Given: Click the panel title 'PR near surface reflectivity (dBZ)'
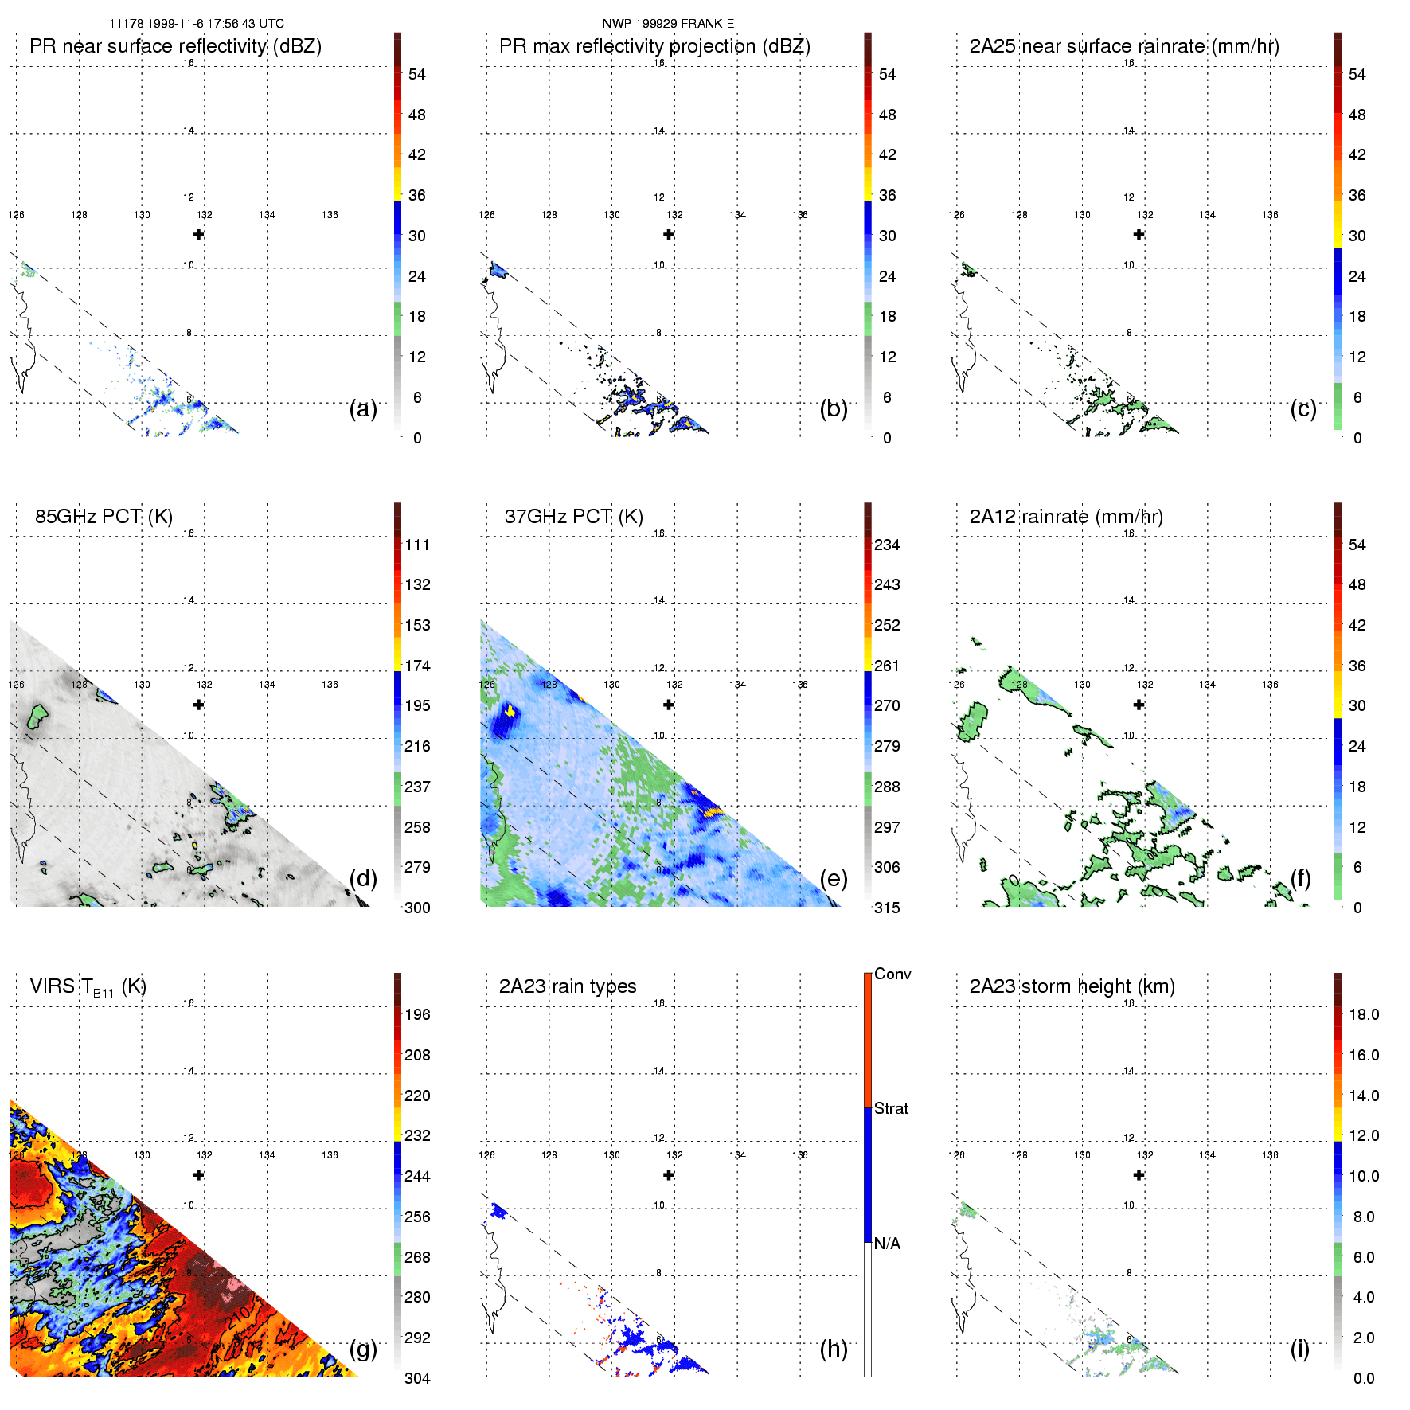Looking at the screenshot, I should [x=175, y=46].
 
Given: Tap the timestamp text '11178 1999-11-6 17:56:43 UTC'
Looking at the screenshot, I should [x=197, y=24].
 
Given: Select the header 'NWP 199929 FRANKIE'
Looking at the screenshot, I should [x=668, y=24].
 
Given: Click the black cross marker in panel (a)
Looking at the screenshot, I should [x=198, y=234].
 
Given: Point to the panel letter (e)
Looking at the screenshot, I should [x=834, y=878].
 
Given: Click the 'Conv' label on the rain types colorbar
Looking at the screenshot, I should [x=892, y=974].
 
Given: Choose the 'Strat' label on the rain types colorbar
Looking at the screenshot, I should [x=891, y=1108].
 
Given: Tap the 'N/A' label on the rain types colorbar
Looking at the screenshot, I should [x=887, y=1244].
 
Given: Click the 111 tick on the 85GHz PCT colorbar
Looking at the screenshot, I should [x=417, y=545].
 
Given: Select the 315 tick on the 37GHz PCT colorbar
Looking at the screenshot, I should [x=887, y=908].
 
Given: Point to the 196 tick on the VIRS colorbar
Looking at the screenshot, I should [x=417, y=1014].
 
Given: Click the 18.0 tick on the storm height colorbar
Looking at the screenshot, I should [x=1364, y=1014].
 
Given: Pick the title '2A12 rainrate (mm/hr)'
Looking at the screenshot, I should [x=1066, y=517].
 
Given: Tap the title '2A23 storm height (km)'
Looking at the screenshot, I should [x=1072, y=986].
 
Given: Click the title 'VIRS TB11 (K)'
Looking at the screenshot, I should [x=88, y=987].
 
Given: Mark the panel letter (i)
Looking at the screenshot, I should [x=1299, y=1348].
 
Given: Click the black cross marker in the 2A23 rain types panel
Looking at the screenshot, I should [x=669, y=1174].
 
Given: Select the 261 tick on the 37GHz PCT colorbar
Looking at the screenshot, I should [x=887, y=666].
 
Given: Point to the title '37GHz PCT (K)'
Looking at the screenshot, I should [x=573, y=517].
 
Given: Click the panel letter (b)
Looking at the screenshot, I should [x=834, y=408].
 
